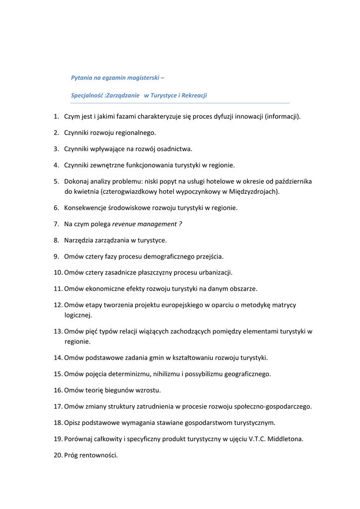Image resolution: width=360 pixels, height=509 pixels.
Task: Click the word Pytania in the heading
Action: pos(82,78)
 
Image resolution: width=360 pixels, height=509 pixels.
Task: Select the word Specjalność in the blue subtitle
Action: pos(87,95)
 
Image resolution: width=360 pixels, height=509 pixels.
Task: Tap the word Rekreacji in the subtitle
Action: pos(193,95)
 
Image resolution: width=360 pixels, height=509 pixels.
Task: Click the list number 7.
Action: pos(56,224)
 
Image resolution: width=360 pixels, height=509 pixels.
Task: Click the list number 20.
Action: pos(57,455)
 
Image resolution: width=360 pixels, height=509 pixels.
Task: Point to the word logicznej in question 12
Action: pos(78,315)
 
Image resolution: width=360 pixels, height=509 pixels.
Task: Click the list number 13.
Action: pos(57,331)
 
